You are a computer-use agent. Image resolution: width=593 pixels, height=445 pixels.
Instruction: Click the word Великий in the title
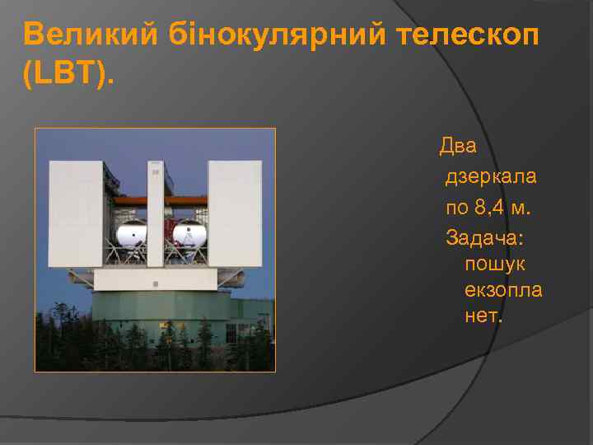tap(91, 35)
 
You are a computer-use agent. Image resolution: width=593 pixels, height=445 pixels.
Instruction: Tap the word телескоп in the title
tap(467, 35)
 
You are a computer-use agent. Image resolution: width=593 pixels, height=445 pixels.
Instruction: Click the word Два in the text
tap(458, 147)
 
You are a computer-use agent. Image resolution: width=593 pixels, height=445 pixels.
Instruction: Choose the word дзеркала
tap(491, 176)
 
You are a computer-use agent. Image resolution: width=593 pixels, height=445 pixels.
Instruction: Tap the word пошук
tap(495, 265)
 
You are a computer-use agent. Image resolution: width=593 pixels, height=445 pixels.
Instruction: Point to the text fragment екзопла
tap(503, 291)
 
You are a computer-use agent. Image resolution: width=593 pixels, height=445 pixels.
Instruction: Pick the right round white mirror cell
tap(188, 236)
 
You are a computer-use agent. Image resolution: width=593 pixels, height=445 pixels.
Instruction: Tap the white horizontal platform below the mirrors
tap(155, 280)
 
